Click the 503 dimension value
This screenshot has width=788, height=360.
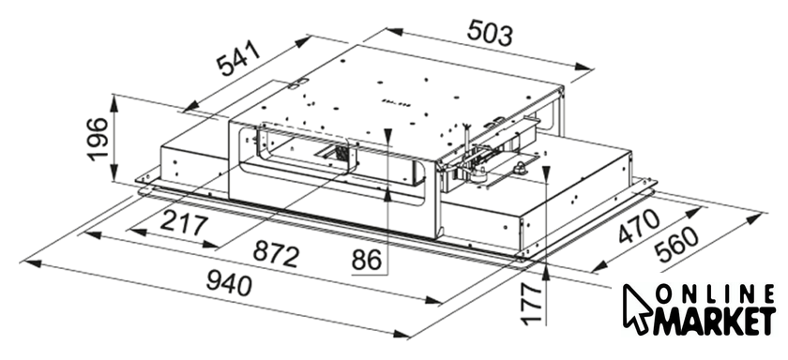[x=490, y=33]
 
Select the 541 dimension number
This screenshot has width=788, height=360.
[x=239, y=58]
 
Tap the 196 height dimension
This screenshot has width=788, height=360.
[x=98, y=139]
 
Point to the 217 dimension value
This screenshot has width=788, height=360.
[x=184, y=224]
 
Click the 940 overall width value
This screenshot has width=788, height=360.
[x=229, y=284]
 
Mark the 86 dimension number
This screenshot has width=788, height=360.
[x=367, y=260]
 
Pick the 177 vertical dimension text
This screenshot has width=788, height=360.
[x=532, y=303]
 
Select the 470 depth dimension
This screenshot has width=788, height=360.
[x=639, y=227]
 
